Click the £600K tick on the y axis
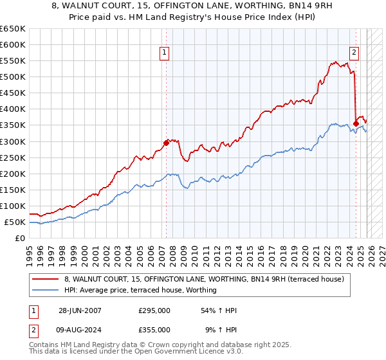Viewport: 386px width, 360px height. tap(14, 45)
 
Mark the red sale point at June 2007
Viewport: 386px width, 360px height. tap(166, 143)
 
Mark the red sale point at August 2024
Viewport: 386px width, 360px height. tap(356, 123)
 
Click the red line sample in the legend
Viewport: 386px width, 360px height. tap(46, 279)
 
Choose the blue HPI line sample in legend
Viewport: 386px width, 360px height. tap(46, 290)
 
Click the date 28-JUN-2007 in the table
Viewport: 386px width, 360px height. tap(80, 310)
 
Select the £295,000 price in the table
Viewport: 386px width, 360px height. tap(154, 310)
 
